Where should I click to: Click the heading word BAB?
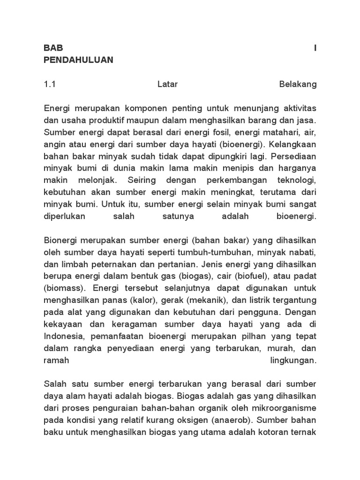(53, 48)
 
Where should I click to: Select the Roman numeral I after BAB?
(315, 48)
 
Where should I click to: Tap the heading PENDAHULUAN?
(78, 60)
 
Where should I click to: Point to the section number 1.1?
(50, 85)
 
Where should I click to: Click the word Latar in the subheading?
(168, 85)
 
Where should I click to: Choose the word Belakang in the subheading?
(298, 85)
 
